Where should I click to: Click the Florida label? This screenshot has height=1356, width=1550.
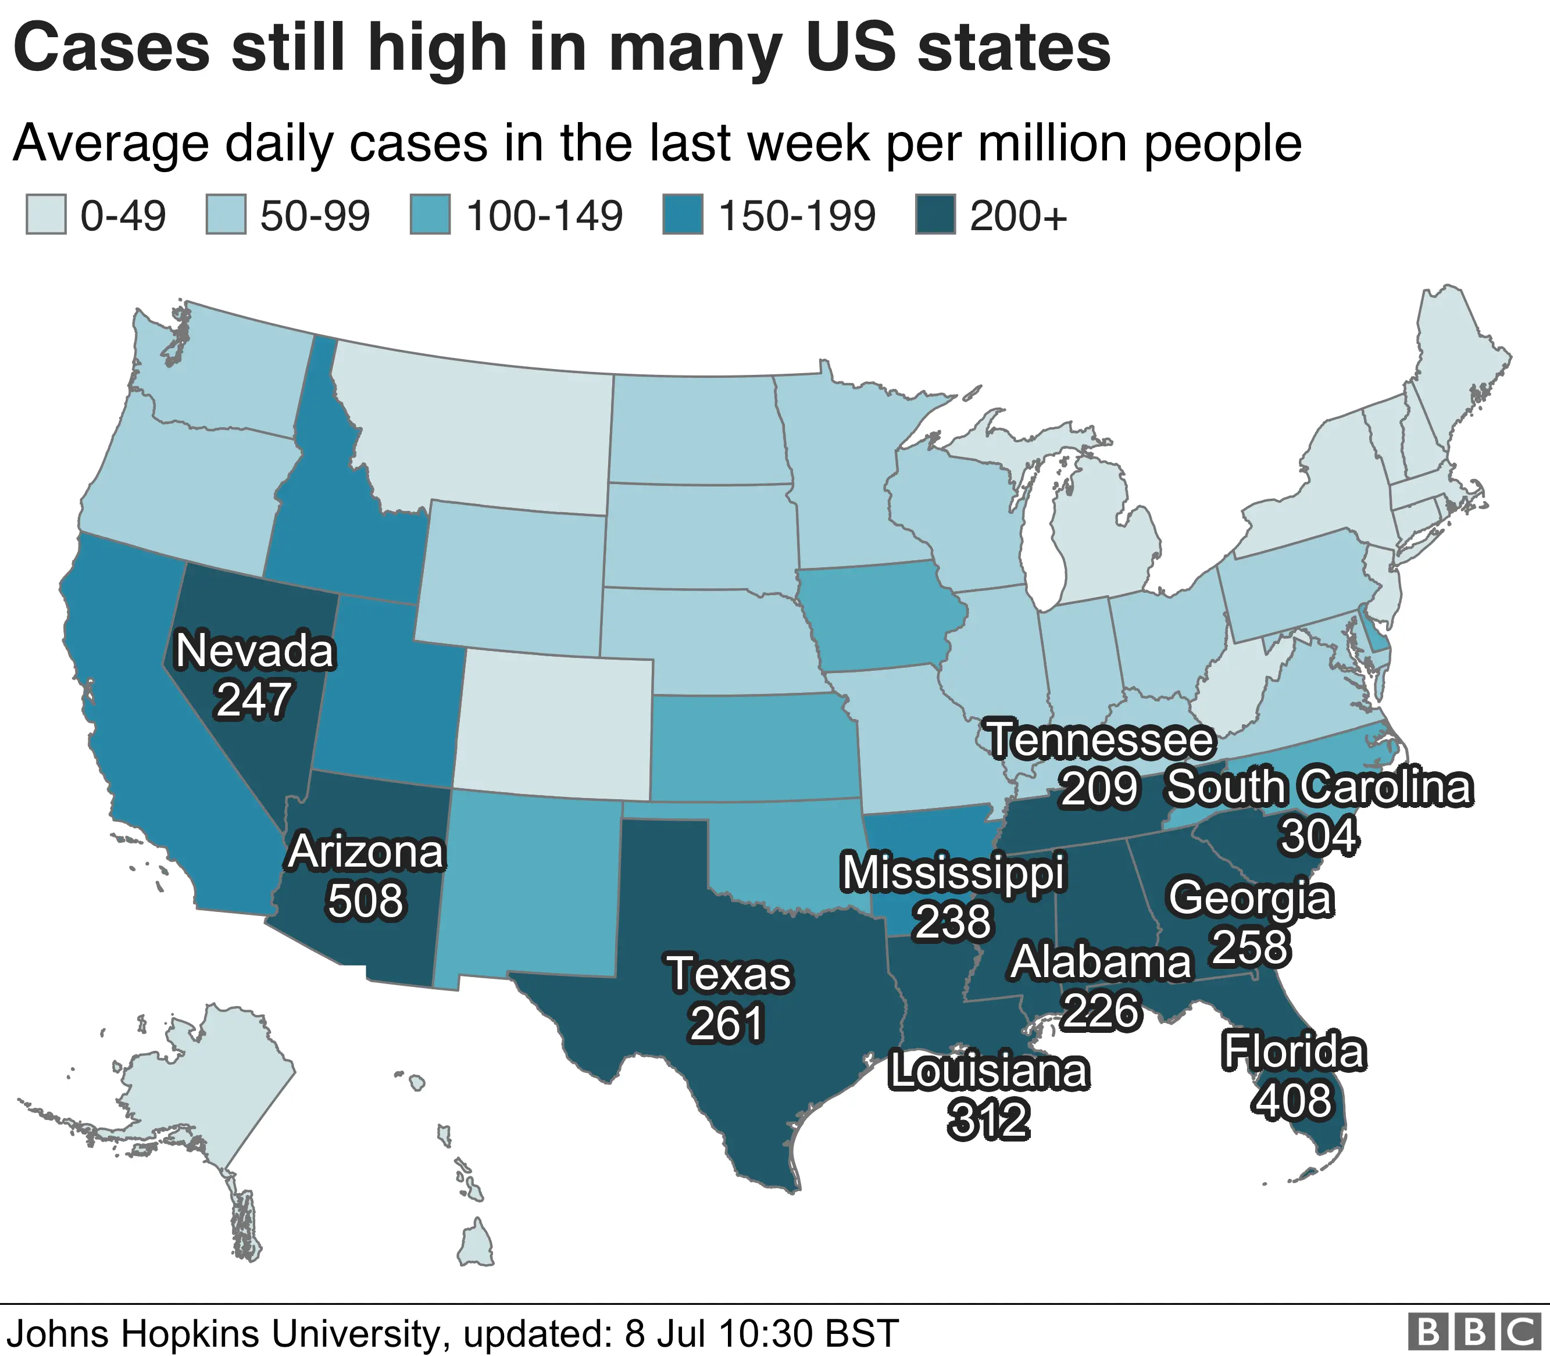coord(1294,1052)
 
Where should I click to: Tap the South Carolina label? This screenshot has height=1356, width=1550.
coord(1319,787)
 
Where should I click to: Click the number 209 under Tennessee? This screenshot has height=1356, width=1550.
coord(1099,789)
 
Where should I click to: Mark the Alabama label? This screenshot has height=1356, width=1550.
coord(1101,963)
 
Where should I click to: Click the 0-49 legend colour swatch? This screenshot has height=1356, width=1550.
coord(46,215)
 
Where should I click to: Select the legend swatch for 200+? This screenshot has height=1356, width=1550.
coord(935,215)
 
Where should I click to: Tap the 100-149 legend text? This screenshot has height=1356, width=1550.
coord(544,216)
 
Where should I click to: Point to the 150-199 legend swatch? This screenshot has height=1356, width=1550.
coord(683,215)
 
